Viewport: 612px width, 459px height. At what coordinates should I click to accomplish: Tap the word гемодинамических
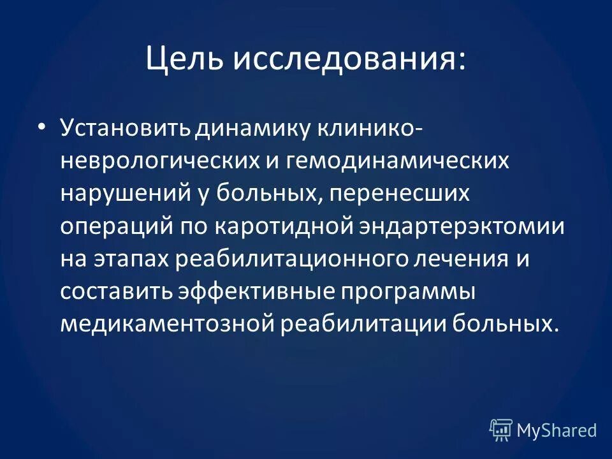[399, 160]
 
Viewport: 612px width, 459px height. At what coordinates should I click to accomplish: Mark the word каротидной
[282, 226]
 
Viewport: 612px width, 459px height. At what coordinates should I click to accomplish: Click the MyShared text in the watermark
[556, 430]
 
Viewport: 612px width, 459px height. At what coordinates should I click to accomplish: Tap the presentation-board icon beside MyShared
[501, 430]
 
